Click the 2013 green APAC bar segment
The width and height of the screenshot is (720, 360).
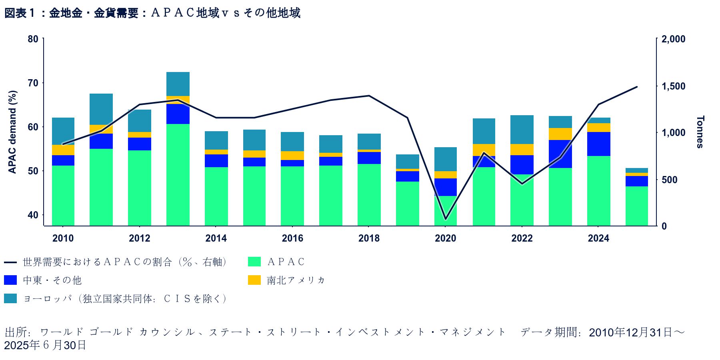178,175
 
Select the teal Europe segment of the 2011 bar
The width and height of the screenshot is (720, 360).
101,109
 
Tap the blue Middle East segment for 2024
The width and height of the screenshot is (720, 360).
599,144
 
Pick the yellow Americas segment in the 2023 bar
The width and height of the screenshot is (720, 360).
560,134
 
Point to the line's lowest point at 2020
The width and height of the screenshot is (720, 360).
446,219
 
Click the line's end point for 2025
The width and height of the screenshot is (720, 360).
637,87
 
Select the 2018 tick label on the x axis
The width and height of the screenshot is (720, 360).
369,238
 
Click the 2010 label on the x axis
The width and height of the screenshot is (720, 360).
63,238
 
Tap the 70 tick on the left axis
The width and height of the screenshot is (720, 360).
33,83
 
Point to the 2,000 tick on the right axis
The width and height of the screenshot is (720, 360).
673,39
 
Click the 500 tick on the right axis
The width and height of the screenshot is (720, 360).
670,180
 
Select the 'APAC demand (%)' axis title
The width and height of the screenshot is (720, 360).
13,132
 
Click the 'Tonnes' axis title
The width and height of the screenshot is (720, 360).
700,132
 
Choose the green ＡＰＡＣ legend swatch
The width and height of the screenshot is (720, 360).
254,262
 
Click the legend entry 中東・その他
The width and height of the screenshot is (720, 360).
52,280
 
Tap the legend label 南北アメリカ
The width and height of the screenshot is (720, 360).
296,280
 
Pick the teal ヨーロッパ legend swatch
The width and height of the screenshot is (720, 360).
10,298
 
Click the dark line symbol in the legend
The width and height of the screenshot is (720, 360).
10,262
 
